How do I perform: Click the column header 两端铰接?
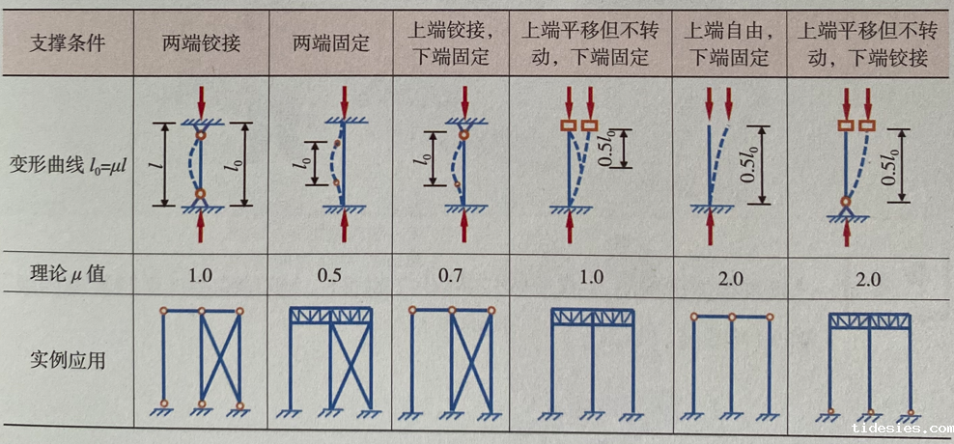pyautogui.click(x=201, y=44)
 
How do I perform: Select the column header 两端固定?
pyautogui.click(x=331, y=44)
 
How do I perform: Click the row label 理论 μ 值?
pyautogui.click(x=67, y=274)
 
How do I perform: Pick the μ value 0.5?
pyautogui.click(x=329, y=277)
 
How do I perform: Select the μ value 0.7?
pyautogui.click(x=451, y=277)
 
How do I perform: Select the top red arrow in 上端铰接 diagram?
pyautogui.click(x=465, y=101)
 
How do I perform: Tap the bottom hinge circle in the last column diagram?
pyautogui.click(x=846, y=203)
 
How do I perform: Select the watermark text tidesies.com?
pyautogui.click(x=902, y=429)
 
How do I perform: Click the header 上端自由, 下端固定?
pyautogui.click(x=730, y=43)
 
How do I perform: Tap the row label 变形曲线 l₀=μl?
pyautogui.click(x=67, y=165)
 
